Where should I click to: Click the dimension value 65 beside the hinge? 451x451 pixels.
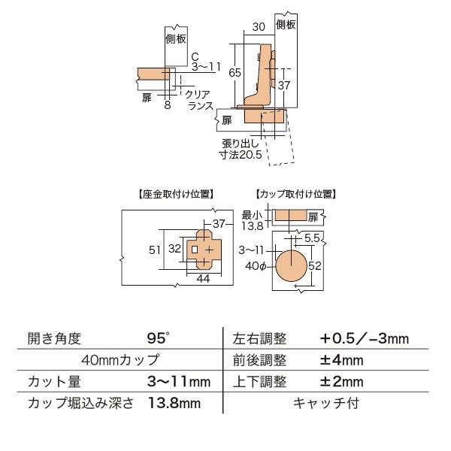[235, 73]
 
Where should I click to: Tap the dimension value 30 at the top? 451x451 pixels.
[259, 26]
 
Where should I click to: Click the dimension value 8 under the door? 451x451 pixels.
[167, 105]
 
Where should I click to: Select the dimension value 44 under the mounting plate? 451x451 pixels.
[202, 279]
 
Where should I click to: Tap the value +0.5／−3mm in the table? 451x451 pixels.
[364, 338]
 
